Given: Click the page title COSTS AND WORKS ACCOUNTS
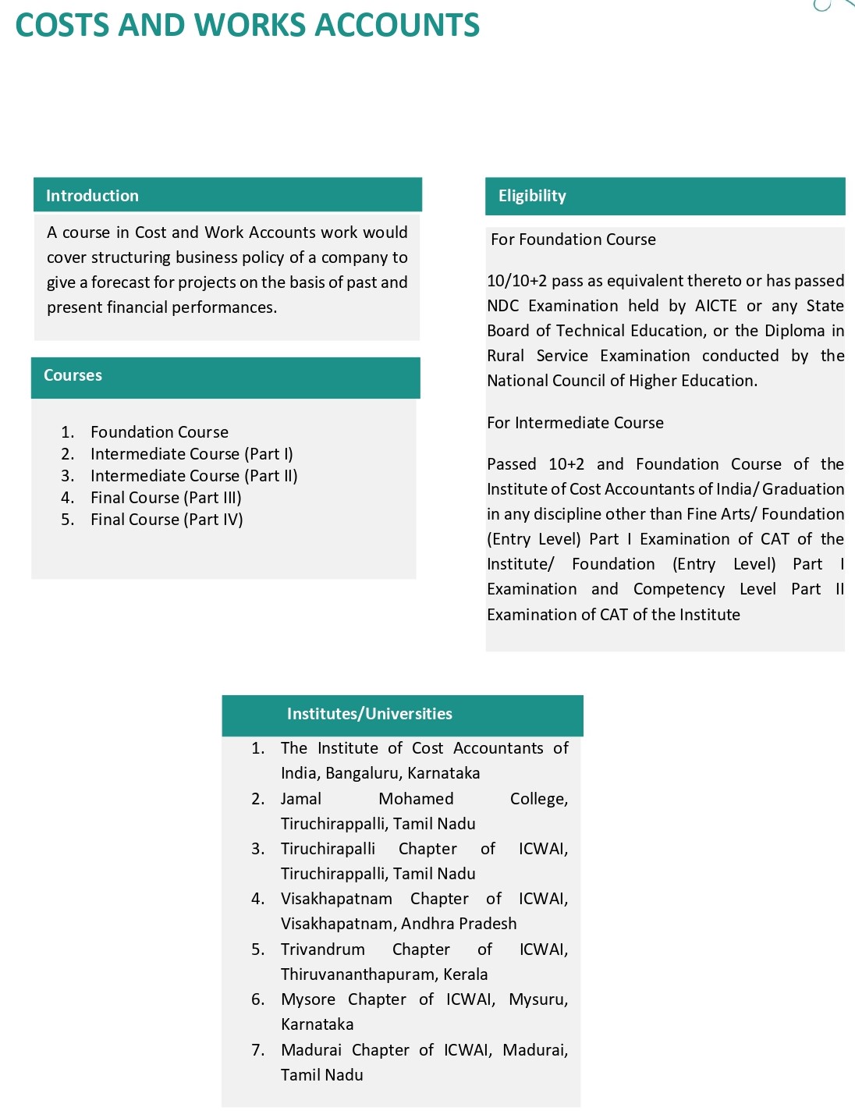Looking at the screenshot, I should [247, 25].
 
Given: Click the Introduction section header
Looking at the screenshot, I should [92, 196].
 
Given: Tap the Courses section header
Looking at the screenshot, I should [73, 375].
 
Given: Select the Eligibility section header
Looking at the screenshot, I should [532, 196].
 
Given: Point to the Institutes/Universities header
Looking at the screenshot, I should [369, 714].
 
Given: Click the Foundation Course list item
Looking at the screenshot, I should [159, 432].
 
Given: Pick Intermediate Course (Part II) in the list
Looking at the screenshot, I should [193, 476].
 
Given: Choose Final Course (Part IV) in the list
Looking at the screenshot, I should [166, 520].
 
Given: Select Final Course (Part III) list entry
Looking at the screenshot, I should [165, 498].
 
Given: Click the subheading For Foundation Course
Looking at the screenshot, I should [573, 240].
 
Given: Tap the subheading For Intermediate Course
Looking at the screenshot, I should [575, 423].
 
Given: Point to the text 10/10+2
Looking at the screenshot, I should [516, 281].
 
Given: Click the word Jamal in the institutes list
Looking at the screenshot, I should [301, 799].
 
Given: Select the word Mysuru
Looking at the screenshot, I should [537, 999].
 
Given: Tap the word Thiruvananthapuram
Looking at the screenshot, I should [358, 974].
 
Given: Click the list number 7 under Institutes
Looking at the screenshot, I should [257, 1050].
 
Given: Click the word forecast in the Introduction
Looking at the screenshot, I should [120, 282].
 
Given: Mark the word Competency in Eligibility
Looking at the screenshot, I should [679, 589].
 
